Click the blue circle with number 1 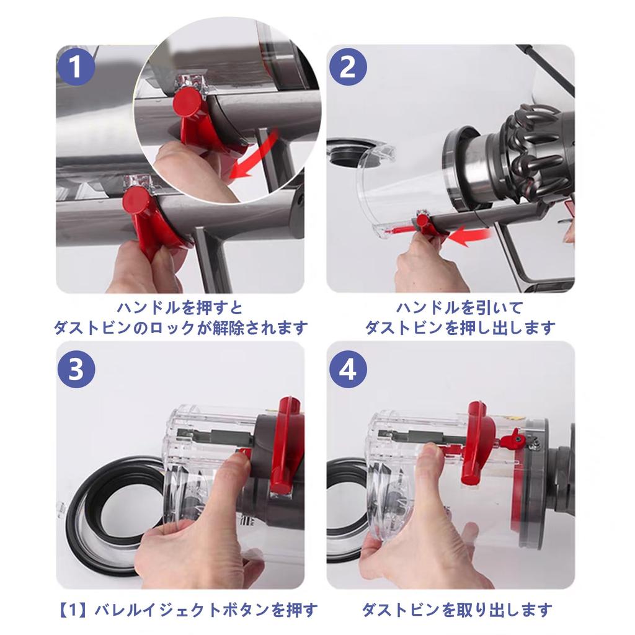[76, 67]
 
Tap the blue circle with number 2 [347, 67]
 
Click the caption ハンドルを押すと [180, 307]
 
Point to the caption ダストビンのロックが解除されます [180, 327]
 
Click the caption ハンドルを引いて [460, 307]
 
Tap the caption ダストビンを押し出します [460, 327]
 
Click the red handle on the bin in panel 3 [287, 446]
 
